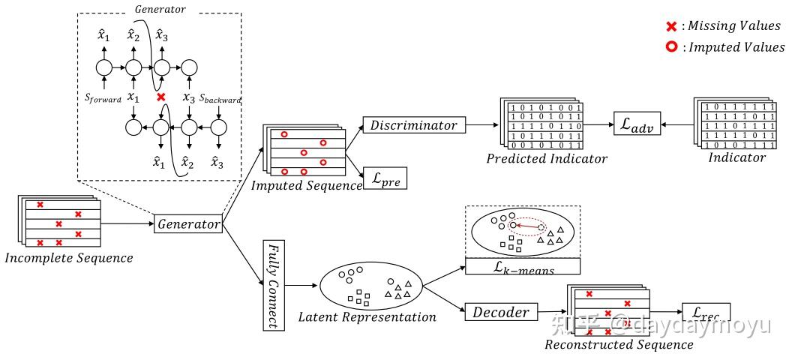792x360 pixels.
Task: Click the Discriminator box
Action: tap(413, 125)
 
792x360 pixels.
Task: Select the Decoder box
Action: tap(500, 312)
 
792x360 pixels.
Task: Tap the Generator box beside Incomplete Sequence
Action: tap(188, 223)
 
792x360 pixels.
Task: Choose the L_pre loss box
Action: tap(385, 178)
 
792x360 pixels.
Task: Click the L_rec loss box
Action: tap(705, 313)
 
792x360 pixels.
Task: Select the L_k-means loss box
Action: tap(523, 267)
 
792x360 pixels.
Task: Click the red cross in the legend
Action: tap(671, 27)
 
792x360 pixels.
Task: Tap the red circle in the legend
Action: tap(671, 48)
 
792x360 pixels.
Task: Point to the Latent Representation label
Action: tap(367, 317)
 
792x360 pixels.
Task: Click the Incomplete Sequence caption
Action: tap(68, 259)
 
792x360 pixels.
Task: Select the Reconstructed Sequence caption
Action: tap(618, 345)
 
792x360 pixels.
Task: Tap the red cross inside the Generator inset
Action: tap(160, 97)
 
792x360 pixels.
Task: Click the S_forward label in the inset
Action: tap(103, 98)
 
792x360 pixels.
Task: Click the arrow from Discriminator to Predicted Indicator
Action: tap(480, 125)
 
